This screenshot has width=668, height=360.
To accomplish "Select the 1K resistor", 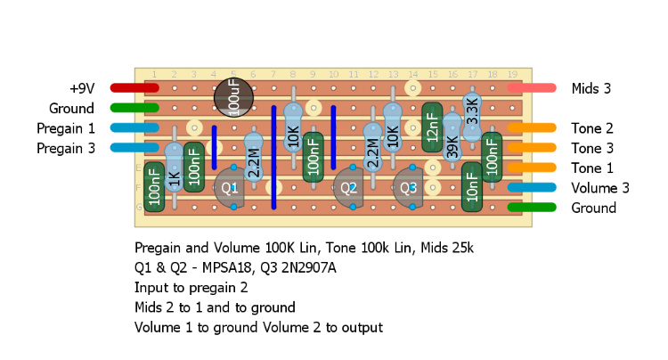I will (175, 168).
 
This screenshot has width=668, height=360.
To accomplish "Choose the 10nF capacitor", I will (471, 187).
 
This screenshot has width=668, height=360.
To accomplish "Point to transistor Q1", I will (231, 188).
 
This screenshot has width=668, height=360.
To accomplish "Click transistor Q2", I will (348, 189).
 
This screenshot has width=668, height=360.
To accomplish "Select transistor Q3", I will (408, 189).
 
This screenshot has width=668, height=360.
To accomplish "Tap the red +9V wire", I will (134, 88).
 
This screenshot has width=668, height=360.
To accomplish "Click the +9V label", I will (81, 88).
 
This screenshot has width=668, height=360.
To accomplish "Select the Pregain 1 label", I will (65, 128).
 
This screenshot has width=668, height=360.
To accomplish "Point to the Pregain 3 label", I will (65, 148).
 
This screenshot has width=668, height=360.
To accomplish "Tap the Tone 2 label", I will (592, 128).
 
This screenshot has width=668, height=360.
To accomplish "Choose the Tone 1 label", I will (592, 168).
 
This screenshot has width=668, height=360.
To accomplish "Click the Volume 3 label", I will (599, 188).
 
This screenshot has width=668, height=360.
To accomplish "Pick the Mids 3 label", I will (591, 88).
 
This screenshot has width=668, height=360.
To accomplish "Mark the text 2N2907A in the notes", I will (318, 266).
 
